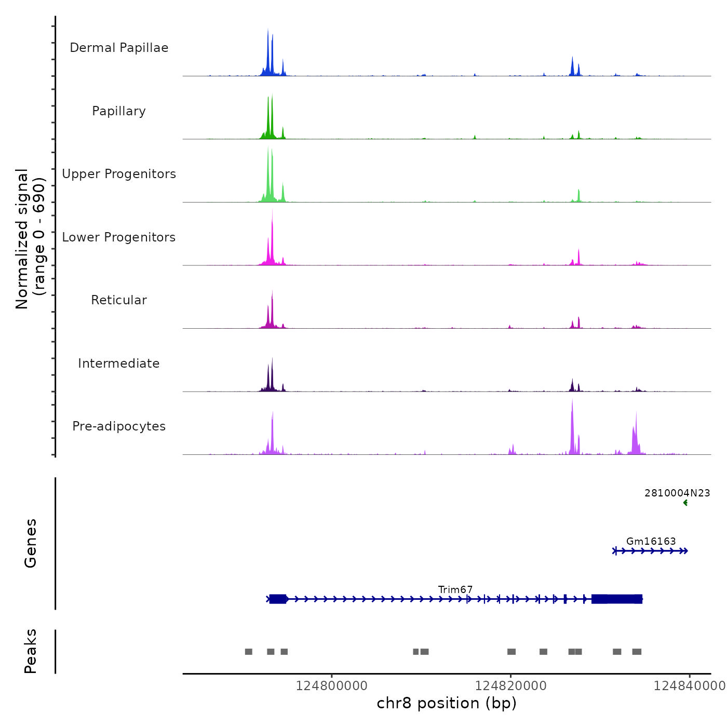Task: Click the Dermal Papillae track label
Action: (119, 48)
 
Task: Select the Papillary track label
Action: (119, 111)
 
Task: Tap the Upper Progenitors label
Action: (119, 174)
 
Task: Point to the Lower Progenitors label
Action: (119, 237)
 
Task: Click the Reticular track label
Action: (119, 300)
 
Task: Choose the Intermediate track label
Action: (119, 363)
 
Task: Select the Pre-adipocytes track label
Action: (119, 426)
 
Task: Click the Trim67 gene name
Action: (455, 589)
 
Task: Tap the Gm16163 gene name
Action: (651, 541)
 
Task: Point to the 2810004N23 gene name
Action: (677, 493)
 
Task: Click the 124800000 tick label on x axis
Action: (331, 686)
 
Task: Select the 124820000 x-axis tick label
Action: (510, 686)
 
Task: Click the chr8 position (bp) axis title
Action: (447, 703)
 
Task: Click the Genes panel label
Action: (31, 543)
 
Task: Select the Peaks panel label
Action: (31, 651)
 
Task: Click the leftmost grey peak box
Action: (249, 652)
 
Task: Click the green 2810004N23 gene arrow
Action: (685, 503)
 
